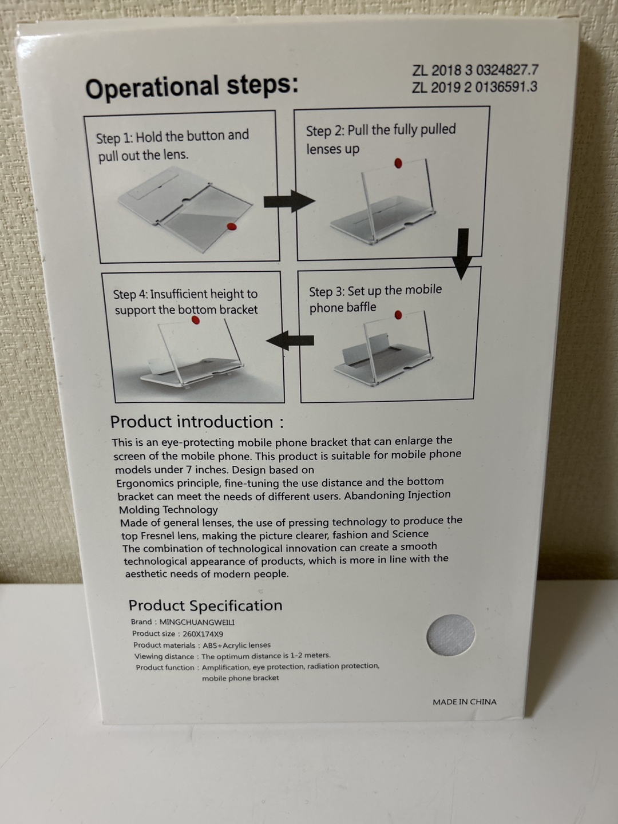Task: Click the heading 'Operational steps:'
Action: click(x=192, y=87)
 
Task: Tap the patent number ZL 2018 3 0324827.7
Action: click(x=476, y=70)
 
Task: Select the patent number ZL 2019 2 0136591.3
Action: click(x=475, y=88)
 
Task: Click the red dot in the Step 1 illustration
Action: click(x=232, y=227)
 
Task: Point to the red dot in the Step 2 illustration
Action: click(x=398, y=163)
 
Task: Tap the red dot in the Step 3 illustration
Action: click(x=398, y=315)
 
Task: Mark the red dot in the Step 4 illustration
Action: click(x=196, y=320)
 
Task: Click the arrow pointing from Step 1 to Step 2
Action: click(x=290, y=201)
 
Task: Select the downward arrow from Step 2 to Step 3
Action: click(x=463, y=254)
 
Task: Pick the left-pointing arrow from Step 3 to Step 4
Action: click(x=290, y=340)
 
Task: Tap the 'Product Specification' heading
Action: click(x=205, y=605)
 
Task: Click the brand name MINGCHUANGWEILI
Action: click(x=197, y=622)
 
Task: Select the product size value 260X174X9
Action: click(x=203, y=633)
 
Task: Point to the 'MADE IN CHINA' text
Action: click(x=465, y=702)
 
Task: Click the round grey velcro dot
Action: click(x=451, y=635)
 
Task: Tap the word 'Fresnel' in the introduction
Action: click(x=155, y=536)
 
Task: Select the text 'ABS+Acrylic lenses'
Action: click(x=237, y=645)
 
